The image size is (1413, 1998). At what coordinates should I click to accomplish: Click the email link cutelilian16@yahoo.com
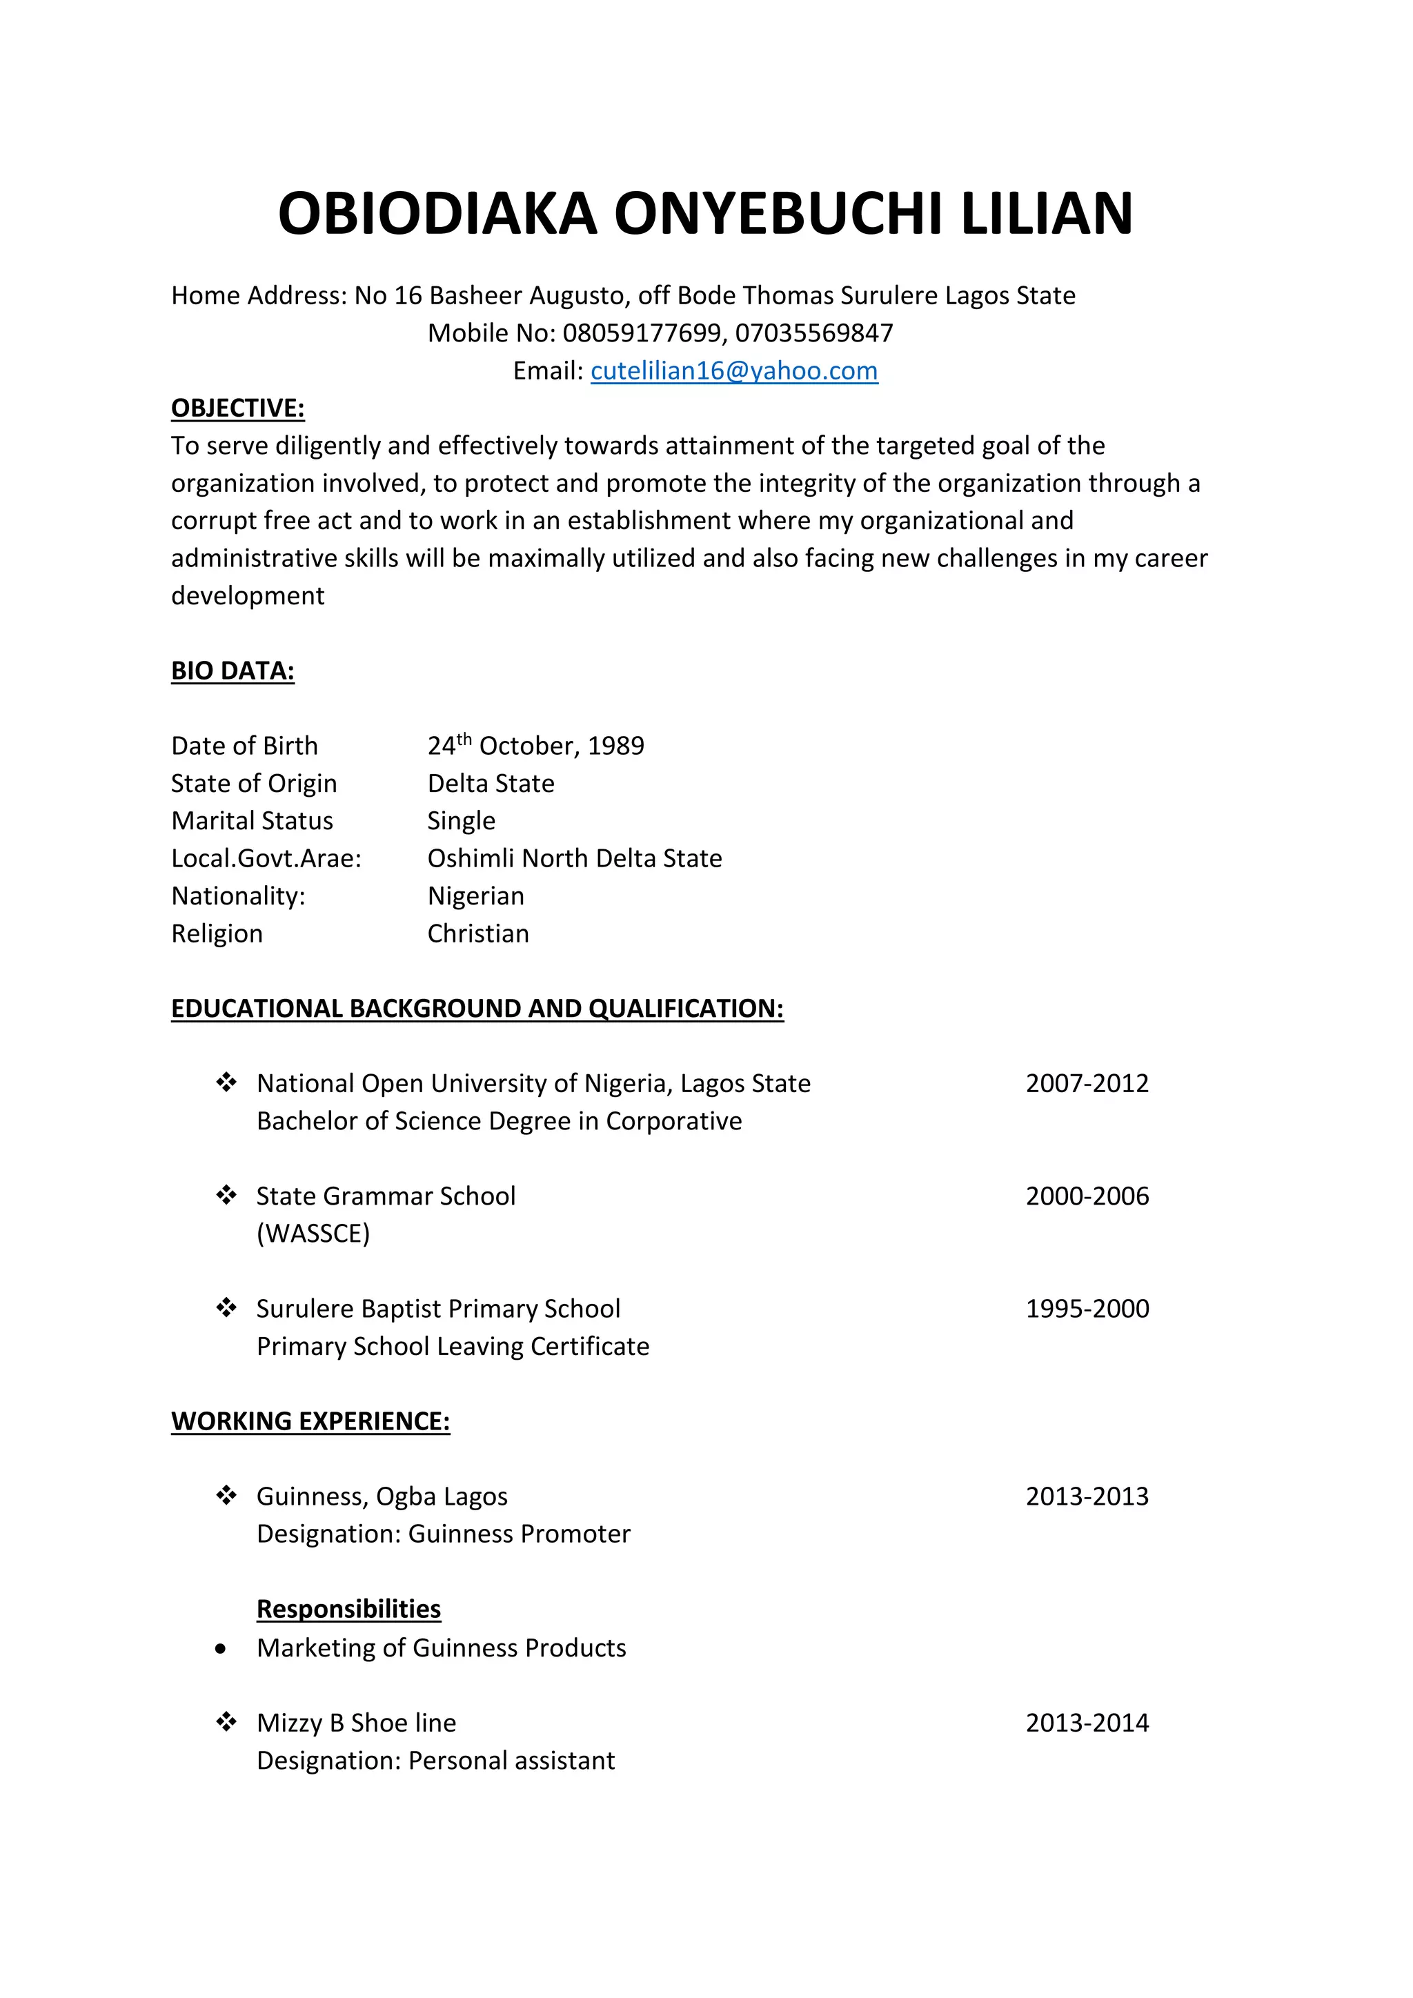click(733, 370)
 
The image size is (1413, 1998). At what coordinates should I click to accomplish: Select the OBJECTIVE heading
click(237, 408)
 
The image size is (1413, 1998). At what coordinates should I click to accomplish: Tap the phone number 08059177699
click(641, 333)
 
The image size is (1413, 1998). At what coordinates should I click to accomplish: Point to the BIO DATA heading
click(233, 671)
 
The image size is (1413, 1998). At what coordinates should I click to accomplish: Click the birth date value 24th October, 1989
click(535, 746)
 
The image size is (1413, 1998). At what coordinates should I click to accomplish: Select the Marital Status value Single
click(461, 820)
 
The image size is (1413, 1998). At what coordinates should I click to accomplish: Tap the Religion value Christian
click(477, 933)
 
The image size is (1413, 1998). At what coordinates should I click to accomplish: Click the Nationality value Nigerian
click(475, 896)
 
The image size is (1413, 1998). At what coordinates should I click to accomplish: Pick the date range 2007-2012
click(1087, 1083)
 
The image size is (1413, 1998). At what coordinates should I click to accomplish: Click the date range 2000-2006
click(1087, 1196)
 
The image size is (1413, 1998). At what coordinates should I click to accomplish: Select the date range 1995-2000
click(1087, 1309)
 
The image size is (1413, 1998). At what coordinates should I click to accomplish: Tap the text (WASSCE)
click(313, 1234)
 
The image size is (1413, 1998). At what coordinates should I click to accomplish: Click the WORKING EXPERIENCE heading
click(310, 1422)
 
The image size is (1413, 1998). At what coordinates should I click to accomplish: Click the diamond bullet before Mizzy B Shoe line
click(226, 1722)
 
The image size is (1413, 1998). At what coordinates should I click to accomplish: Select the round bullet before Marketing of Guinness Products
click(221, 1649)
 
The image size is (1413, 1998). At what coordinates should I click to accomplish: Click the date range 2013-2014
click(1087, 1723)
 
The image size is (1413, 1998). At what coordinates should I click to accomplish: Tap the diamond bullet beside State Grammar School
click(226, 1196)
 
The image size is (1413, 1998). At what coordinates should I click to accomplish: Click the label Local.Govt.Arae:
click(266, 859)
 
